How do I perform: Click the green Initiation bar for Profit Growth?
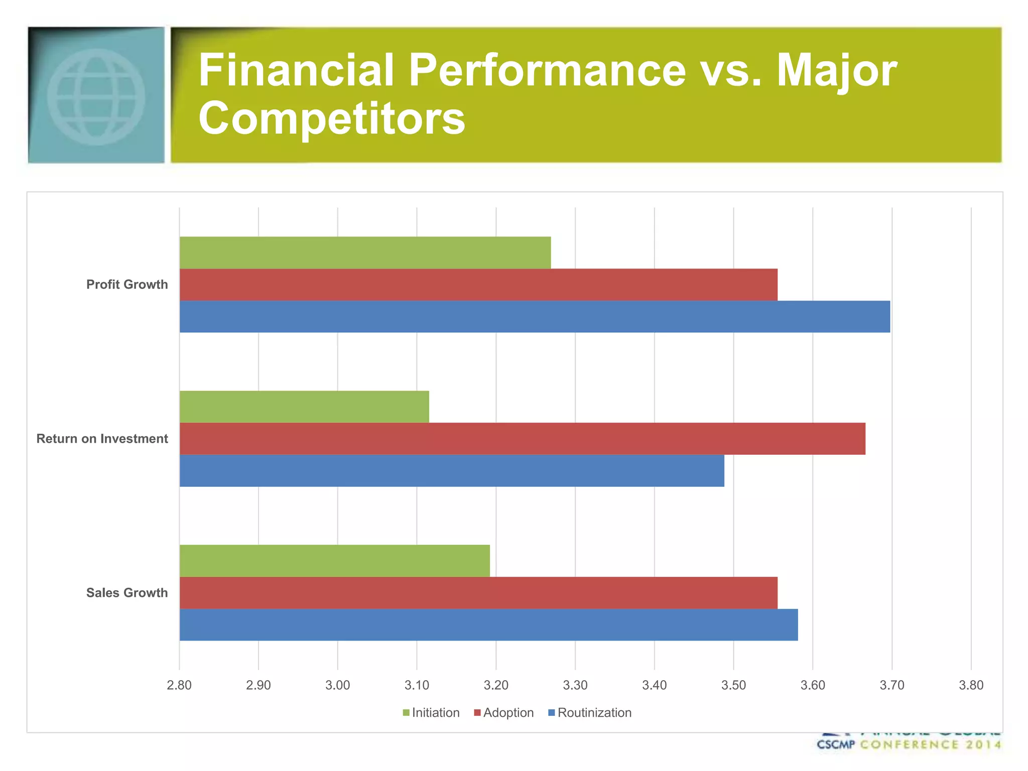point(365,252)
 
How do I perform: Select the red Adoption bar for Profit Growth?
point(478,285)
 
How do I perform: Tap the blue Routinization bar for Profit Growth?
point(535,317)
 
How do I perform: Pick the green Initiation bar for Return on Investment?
point(304,407)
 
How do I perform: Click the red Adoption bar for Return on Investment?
point(522,439)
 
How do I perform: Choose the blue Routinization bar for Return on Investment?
point(452,471)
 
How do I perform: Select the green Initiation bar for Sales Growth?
point(335,561)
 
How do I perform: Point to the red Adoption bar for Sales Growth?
point(478,593)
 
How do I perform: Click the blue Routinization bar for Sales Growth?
point(488,625)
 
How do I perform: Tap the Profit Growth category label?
point(127,285)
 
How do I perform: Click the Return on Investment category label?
point(102,439)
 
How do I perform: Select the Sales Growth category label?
point(127,593)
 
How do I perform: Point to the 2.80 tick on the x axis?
point(179,685)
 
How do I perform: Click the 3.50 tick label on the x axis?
point(733,685)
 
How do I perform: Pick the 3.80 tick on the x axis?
point(971,685)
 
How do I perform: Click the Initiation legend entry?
point(431,713)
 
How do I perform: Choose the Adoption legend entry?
point(504,713)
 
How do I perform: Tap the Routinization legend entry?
point(590,713)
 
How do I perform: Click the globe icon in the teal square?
point(96,96)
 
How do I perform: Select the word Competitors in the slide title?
point(332,118)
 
